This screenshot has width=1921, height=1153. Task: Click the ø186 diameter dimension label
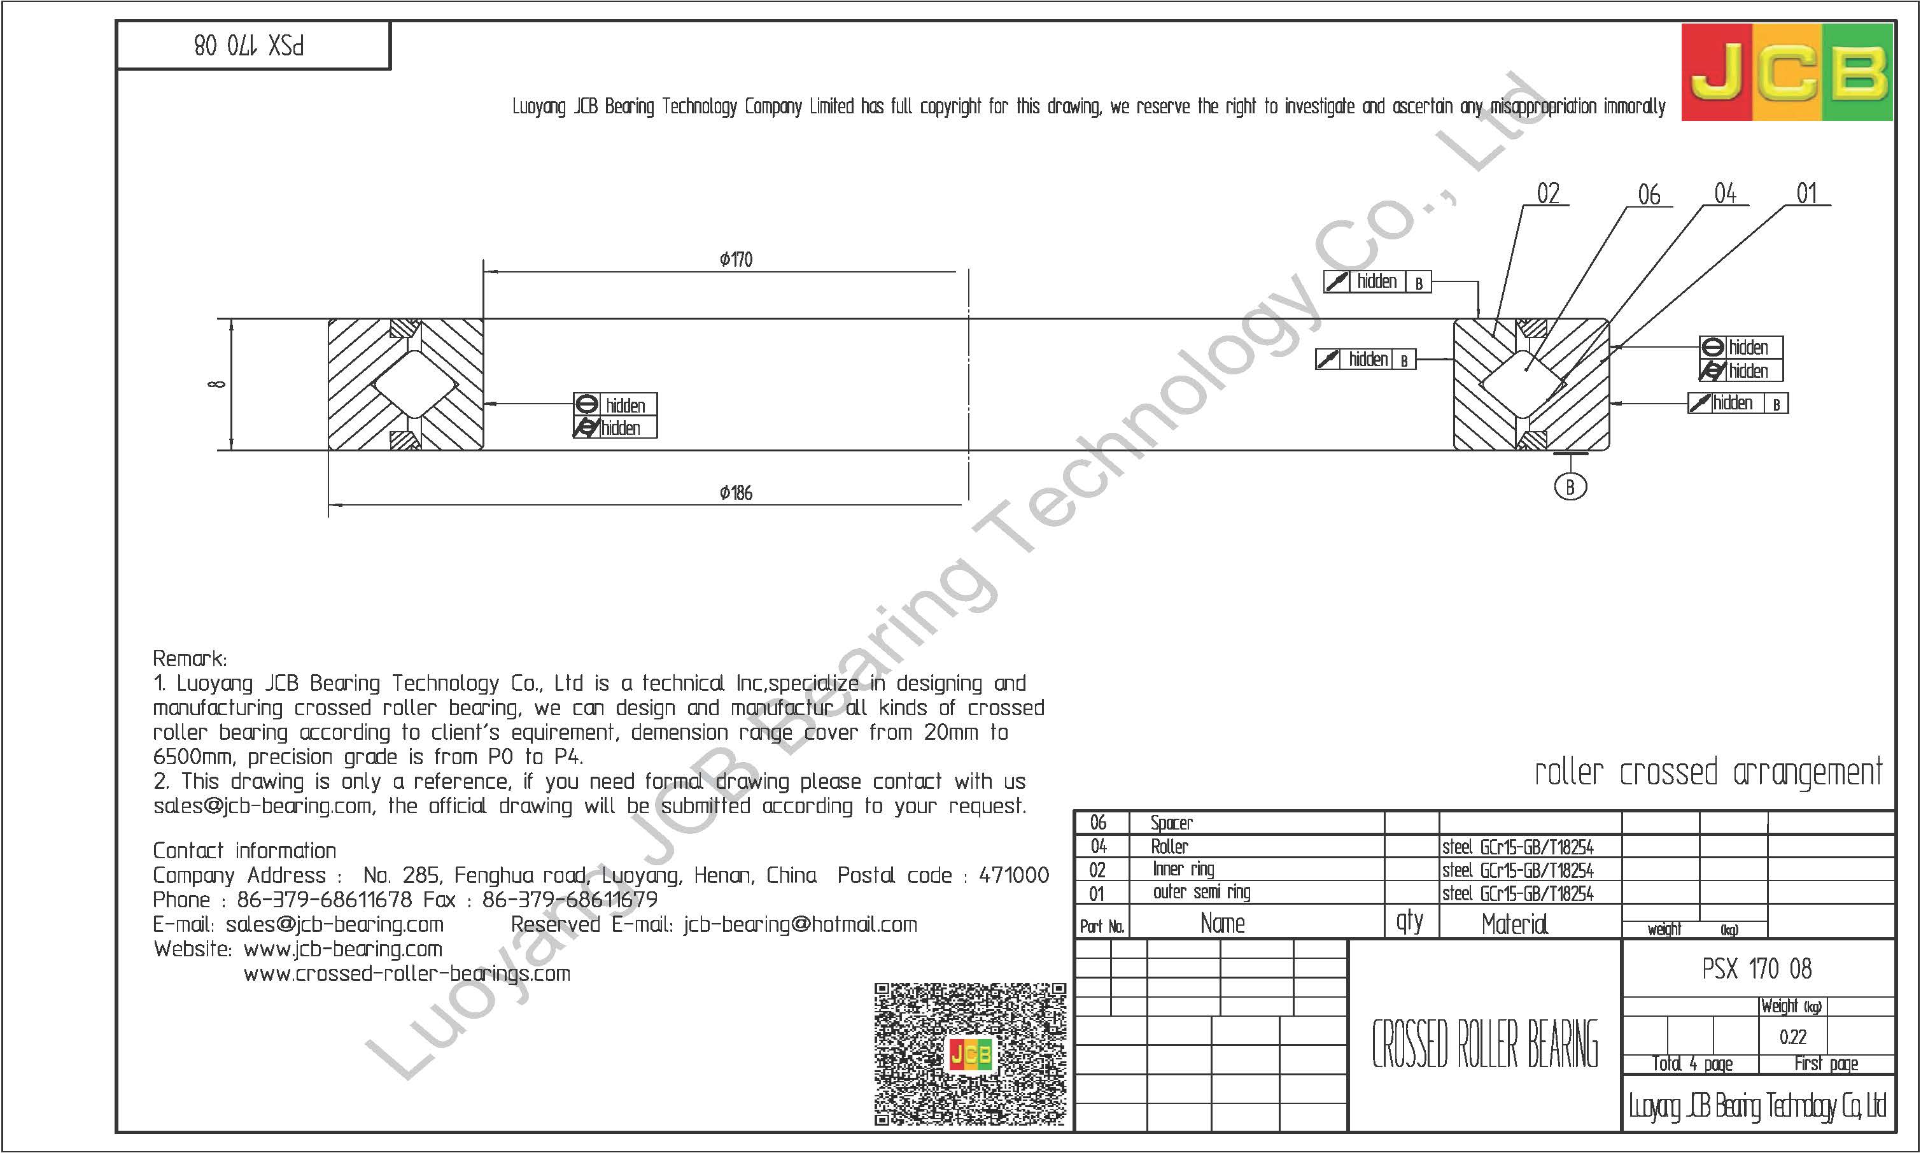point(736,493)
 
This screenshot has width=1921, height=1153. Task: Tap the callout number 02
point(1548,194)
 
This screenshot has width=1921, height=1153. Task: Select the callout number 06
point(1649,194)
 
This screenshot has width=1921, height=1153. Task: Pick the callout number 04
point(1725,194)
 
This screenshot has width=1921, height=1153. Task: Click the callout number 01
point(1807,194)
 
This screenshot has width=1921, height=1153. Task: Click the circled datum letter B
point(1570,487)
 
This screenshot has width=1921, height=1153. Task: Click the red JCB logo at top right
point(1787,72)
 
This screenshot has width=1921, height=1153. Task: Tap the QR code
point(970,1054)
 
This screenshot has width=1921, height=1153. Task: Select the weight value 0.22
point(1793,1036)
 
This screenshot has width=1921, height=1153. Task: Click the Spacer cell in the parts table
point(1171,823)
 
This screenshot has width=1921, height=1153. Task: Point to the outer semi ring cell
point(1202,892)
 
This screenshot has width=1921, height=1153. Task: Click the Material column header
point(1514,924)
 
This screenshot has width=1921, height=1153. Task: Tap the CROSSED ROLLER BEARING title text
point(1484,1044)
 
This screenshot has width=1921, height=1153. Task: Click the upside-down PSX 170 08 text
point(249,45)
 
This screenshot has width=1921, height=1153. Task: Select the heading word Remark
point(190,659)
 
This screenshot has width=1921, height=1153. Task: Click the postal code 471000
point(1014,875)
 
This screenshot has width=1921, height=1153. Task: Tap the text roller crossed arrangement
point(1708,773)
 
